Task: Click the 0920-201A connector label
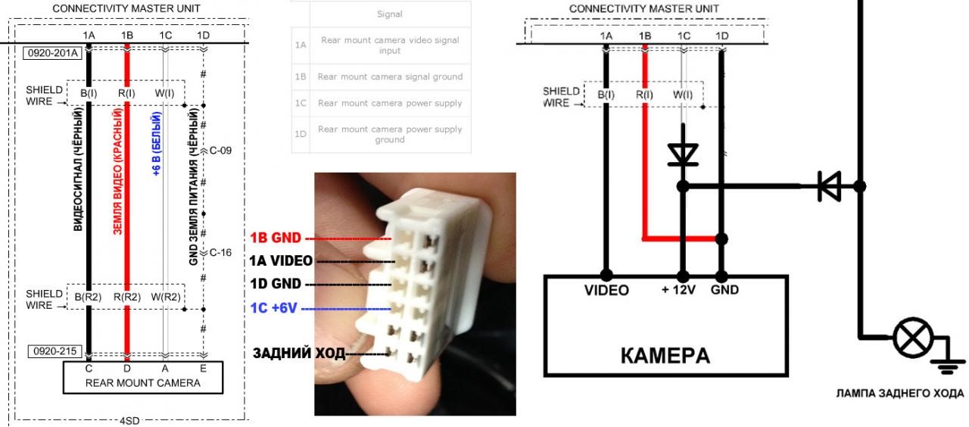point(54,54)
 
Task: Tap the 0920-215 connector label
point(54,352)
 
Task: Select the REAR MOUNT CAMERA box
point(142,377)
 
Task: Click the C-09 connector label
point(220,151)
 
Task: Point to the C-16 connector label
point(220,252)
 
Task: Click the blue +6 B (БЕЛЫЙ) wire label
point(157,145)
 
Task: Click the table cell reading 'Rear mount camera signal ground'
point(390,76)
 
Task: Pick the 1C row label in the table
point(301,103)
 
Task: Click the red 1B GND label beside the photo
point(276,238)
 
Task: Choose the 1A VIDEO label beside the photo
point(281,261)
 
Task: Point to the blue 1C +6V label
point(276,308)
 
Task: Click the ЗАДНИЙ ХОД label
point(298,354)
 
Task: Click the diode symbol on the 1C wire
point(684,154)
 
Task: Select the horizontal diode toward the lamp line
point(829,185)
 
